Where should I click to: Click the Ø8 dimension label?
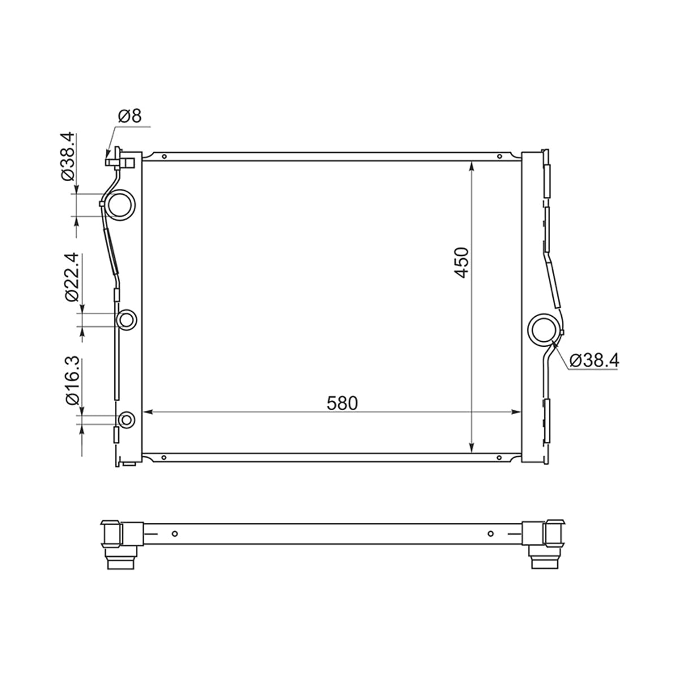pos(130,116)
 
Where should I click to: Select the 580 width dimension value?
pos(342,403)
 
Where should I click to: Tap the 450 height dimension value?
pos(462,263)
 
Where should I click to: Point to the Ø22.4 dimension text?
pos(72,277)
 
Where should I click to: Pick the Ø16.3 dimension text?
pos(72,380)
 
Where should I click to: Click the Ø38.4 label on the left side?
pos(68,156)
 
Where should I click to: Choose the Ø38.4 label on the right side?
pos(594,360)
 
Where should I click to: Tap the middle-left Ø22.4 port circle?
pos(127,310)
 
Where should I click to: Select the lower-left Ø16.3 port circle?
pos(127,412)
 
